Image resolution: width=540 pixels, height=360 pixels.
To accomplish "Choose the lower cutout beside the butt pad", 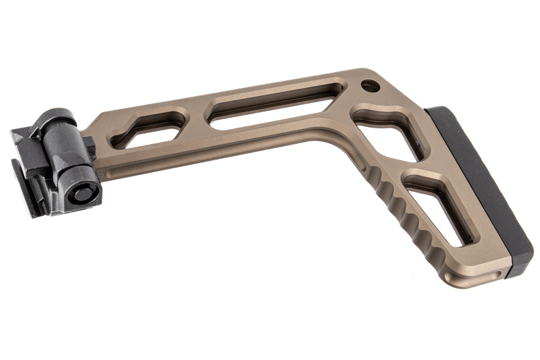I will pyautogui.click(x=439, y=207).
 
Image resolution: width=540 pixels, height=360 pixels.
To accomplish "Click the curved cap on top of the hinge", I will pyautogui.click(x=53, y=116).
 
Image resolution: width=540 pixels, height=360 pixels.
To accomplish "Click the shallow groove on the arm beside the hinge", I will pyautogui.click(x=127, y=169).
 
